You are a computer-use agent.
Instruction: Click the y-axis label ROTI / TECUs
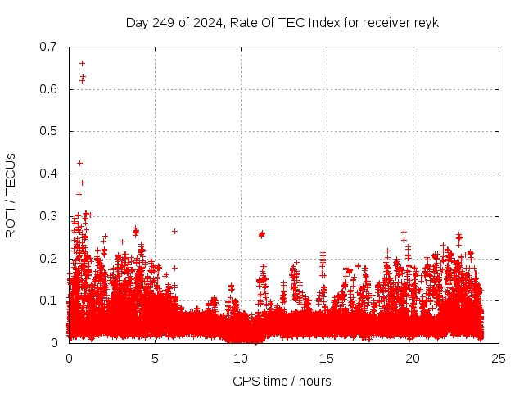(x=11, y=195)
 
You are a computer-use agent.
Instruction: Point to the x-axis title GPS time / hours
(x=282, y=381)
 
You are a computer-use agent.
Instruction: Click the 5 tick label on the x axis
(x=155, y=358)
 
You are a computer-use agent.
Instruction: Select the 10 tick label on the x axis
(x=241, y=358)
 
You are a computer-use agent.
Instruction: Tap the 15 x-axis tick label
(x=327, y=358)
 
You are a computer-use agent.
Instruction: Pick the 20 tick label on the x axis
(x=413, y=358)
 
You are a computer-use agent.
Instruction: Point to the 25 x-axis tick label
(x=499, y=358)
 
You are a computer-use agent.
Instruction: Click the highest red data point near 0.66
(x=82, y=63)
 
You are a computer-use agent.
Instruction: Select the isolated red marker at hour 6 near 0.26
(x=174, y=231)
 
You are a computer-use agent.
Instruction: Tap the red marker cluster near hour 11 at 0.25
(x=262, y=234)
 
